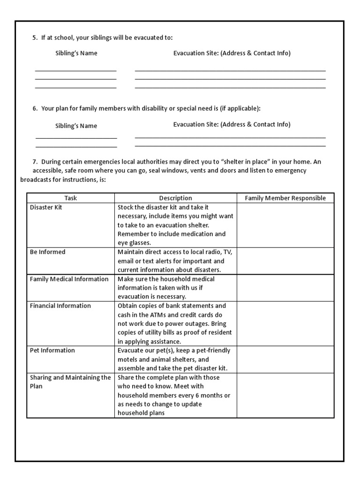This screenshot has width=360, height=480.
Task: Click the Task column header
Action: [x=70, y=198]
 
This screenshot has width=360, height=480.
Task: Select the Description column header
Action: [x=175, y=198]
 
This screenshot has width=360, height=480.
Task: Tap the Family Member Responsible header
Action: [x=285, y=198]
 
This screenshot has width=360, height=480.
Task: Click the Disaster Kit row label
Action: [x=46, y=207]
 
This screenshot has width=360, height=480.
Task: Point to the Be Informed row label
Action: [x=48, y=252]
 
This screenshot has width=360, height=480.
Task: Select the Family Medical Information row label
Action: [x=69, y=279]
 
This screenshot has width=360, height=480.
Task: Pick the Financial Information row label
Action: [x=60, y=306]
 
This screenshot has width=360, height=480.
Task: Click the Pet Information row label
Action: [x=52, y=350]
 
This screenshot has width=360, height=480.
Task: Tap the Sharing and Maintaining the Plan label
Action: [x=70, y=382]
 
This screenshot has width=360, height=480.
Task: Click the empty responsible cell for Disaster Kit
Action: [x=285, y=225]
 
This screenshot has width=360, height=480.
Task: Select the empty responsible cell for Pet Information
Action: [x=285, y=359]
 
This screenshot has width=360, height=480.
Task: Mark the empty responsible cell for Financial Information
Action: [x=285, y=323]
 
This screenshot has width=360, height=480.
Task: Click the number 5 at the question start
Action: [x=35, y=37]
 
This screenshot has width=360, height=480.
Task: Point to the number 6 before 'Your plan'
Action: [x=35, y=108]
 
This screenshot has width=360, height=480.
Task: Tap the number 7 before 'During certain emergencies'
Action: [x=35, y=162]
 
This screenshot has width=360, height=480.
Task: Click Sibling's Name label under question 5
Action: [x=76, y=53]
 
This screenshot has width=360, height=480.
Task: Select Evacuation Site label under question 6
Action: [x=232, y=124]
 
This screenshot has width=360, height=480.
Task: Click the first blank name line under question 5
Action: [x=75, y=70]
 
